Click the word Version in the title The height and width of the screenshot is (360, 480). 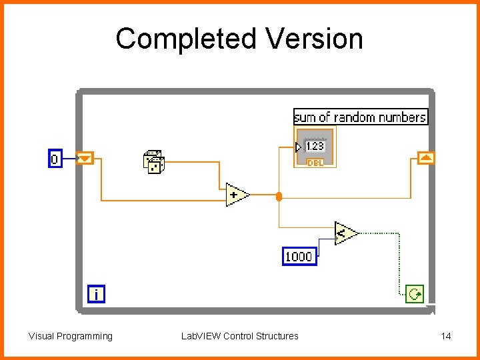tap(314, 39)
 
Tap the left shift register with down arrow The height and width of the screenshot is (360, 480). tap(86, 159)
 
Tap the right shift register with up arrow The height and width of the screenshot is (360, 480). tap(426, 158)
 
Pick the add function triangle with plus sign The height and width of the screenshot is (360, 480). tap(237, 195)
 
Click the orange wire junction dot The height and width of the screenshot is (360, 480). tap(279, 196)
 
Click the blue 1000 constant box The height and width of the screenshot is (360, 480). tap(299, 256)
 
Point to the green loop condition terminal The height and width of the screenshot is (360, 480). tap(414, 294)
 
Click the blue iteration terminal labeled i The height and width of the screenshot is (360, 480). tap(96, 294)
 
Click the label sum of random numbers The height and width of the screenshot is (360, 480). tap(360, 117)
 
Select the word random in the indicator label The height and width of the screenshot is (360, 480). tap(355, 117)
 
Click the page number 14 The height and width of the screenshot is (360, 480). tap(446, 336)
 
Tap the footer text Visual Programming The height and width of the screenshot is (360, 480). tap(71, 336)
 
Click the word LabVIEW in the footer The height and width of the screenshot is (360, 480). tap(201, 336)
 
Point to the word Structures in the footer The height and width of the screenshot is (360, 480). tap(277, 336)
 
